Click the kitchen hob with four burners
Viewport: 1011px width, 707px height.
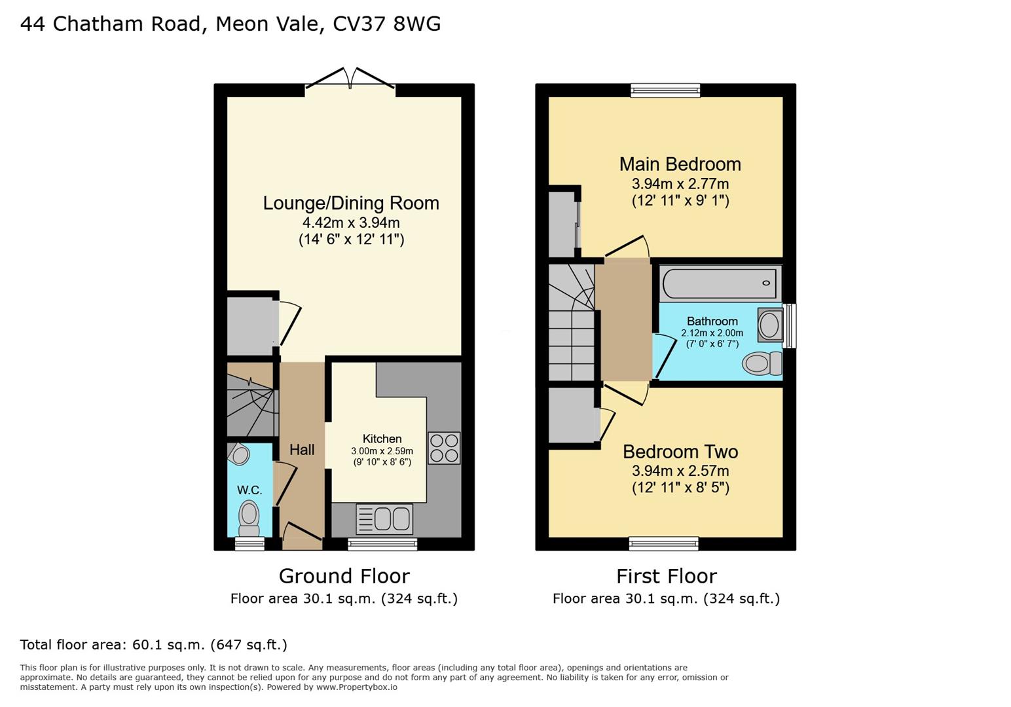(x=444, y=448)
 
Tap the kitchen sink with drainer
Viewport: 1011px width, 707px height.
(x=384, y=519)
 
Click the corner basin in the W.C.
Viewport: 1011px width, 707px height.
(x=240, y=454)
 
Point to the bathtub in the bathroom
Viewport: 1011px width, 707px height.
(x=720, y=283)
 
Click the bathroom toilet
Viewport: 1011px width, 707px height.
(x=760, y=363)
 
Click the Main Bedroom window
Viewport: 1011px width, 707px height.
(x=665, y=90)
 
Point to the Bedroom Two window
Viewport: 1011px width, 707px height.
(x=664, y=543)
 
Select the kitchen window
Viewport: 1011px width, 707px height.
(x=382, y=544)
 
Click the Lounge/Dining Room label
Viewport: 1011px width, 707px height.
(x=351, y=203)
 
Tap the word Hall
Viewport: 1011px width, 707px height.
(x=302, y=450)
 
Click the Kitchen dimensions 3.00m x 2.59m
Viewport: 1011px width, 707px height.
(x=382, y=451)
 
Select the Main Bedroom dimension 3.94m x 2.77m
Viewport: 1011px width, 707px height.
(x=680, y=184)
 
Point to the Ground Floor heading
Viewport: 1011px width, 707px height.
(x=344, y=576)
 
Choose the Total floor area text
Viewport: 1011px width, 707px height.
(x=153, y=645)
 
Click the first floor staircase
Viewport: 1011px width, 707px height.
(x=572, y=322)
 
